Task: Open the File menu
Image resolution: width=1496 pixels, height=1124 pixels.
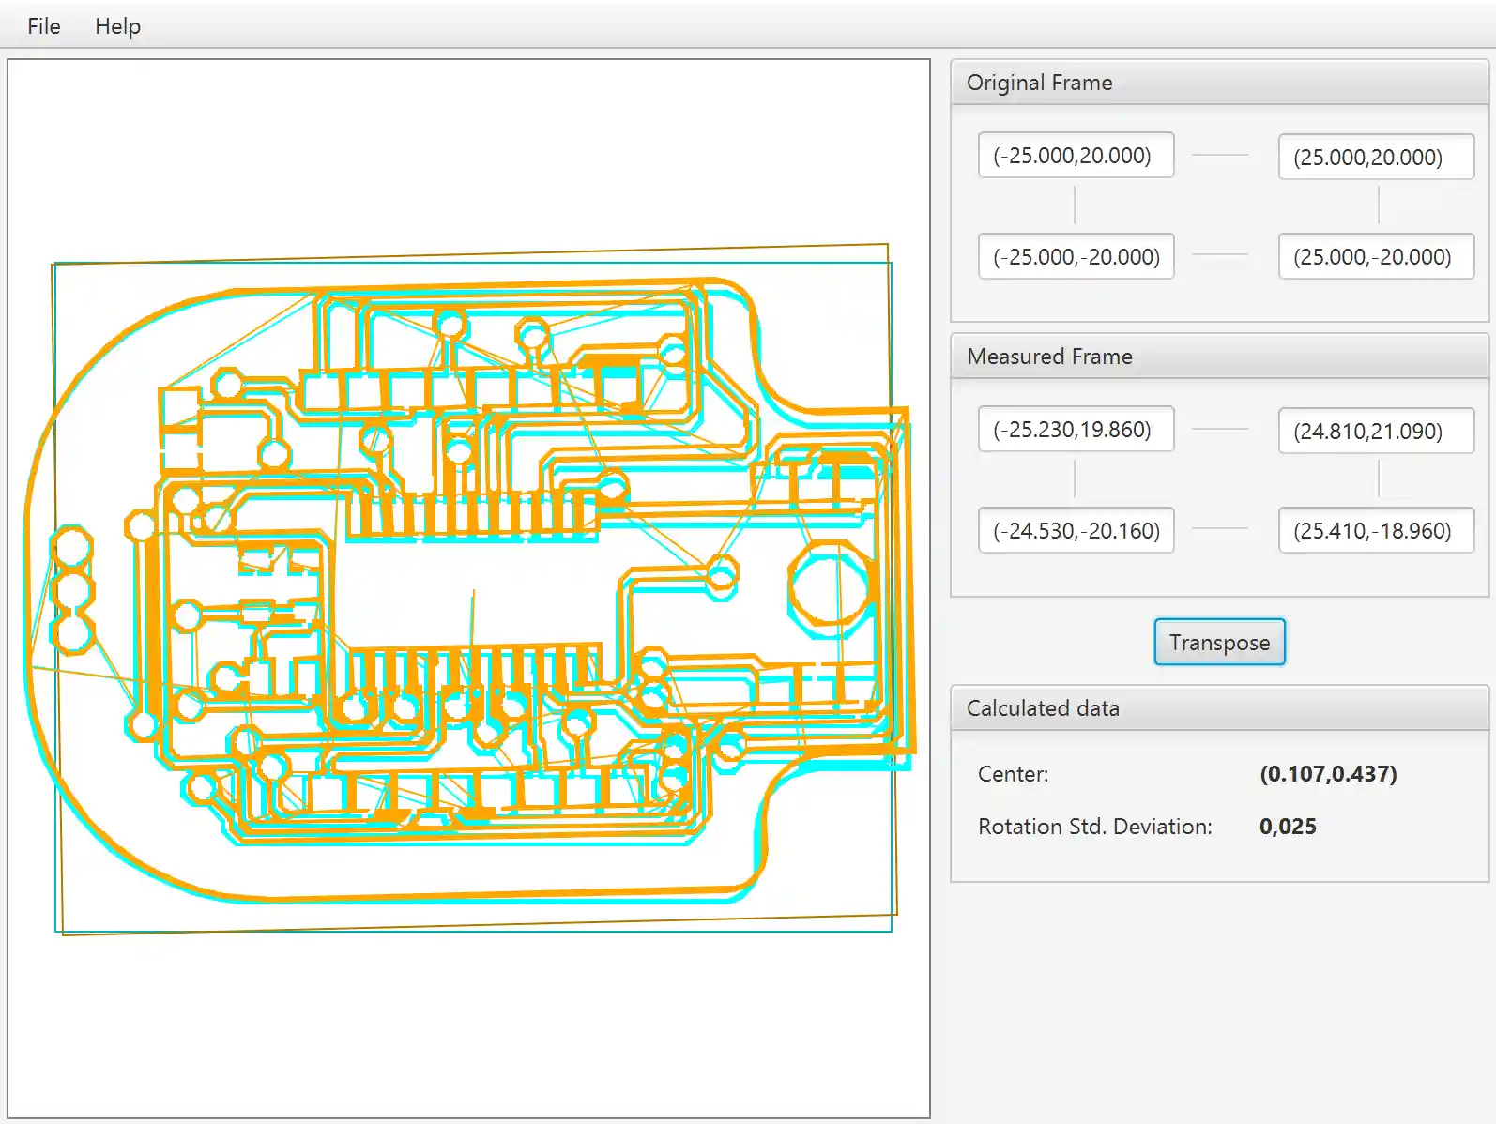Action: click(x=43, y=26)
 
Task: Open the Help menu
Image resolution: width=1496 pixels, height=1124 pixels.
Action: click(x=117, y=26)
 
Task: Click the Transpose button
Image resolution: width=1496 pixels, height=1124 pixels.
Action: click(x=1218, y=643)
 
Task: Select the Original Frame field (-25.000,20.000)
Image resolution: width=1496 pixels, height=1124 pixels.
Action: click(x=1076, y=156)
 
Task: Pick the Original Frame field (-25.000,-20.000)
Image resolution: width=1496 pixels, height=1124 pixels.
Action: click(x=1076, y=257)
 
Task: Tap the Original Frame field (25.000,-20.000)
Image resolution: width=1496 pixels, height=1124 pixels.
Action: click(x=1376, y=257)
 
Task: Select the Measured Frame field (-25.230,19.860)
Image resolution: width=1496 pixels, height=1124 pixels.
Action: click(x=1076, y=430)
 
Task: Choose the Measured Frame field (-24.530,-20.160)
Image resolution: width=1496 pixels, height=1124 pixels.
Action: click(x=1076, y=531)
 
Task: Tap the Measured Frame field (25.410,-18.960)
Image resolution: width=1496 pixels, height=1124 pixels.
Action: click(x=1376, y=531)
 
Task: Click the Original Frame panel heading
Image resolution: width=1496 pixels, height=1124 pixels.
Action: click(x=1040, y=83)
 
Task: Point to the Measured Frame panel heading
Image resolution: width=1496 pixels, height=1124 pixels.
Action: click(x=1049, y=357)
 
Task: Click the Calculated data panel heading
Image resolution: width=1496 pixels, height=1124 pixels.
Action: click(x=1043, y=708)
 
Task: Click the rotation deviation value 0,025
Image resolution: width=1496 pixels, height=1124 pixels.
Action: click(x=1288, y=827)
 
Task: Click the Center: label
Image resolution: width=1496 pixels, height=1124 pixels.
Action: click(x=1013, y=774)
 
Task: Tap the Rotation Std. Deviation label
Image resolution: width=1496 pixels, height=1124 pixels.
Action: click(x=1094, y=827)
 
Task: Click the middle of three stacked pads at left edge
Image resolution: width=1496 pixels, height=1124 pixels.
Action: click(x=72, y=590)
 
